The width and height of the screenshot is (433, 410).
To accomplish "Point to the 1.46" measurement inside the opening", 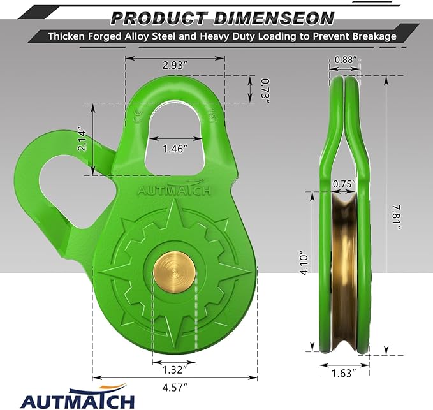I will (175, 149).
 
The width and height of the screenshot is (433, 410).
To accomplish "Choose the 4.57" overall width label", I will (174, 386).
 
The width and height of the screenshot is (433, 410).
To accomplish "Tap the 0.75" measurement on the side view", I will (345, 183).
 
